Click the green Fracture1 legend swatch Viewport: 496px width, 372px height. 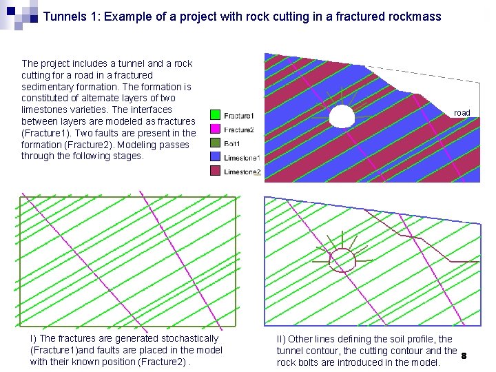pyautogui.click(x=216, y=115)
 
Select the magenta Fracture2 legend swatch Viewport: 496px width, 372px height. pyautogui.click(x=216, y=130)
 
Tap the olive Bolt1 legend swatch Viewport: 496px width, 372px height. pyautogui.click(x=216, y=143)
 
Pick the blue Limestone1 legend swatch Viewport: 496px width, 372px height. pyautogui.click(x=216, y=158)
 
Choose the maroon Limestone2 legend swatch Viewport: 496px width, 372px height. pyautogui.click(x=216, y=172)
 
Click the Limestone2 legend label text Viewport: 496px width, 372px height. pyautogui.click(x=242, y=172)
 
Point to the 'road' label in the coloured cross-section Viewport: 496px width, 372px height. pyautogui.click(x=462, y=113)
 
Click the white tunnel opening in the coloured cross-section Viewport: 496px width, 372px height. pyautogui.click(x=342, y=115)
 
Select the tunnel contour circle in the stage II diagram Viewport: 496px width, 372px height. pyautogui.click(x=342, y=260)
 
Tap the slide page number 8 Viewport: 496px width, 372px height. pyautogui.click(x=464, y=356)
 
